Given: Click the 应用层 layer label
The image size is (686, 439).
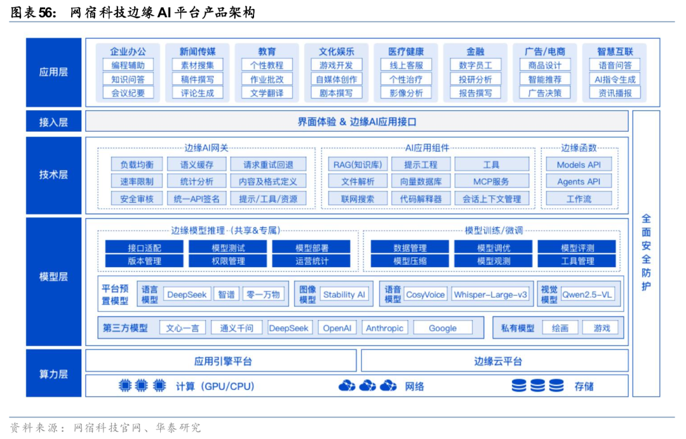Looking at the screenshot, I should coord(53,73).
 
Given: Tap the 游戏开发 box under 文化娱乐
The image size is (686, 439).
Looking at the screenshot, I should coord(337,65).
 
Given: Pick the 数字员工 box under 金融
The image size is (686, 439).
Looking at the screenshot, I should coord(475,65).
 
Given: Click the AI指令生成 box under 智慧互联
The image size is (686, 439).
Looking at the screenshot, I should coord(615,79).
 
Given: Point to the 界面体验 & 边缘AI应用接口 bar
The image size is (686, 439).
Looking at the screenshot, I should coord(357,122).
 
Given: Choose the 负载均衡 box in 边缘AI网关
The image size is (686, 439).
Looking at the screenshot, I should coord(137,165).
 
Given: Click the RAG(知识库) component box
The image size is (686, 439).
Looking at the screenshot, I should coord(358,165).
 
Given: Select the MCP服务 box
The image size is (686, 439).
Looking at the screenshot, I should coord(491,181).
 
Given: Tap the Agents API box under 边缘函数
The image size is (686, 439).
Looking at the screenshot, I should coord(579,181).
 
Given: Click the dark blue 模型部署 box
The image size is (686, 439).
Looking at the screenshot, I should coord(311,247).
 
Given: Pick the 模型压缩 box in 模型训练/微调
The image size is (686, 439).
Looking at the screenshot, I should coord(410,261).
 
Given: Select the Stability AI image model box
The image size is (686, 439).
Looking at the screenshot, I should coord(344,295).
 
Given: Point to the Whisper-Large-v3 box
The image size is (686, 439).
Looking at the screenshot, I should coord(491,295).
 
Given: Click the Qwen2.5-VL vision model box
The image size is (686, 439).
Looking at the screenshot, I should coord(588,295).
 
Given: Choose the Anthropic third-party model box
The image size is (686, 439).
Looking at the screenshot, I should coord(385,328).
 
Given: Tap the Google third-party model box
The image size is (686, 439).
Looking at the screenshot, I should coord(443,328).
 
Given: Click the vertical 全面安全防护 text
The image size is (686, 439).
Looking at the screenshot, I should coord(646,252).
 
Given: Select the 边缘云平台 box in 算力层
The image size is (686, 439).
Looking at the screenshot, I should coord(498,361).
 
